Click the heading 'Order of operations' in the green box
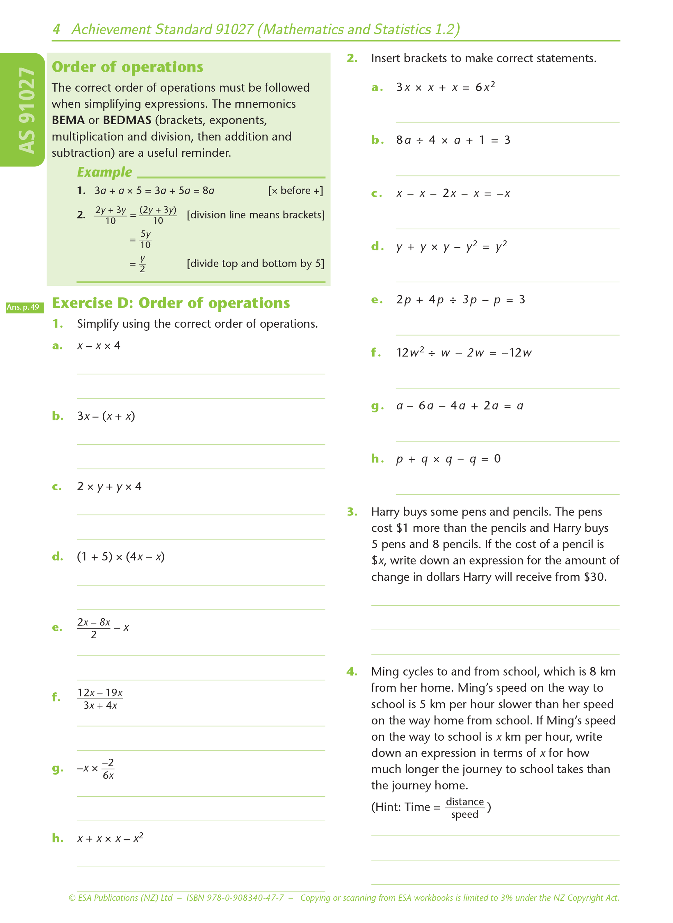click(x=127, y=67)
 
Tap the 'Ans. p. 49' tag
click(x=23, y=307)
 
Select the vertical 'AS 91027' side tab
click(x=26, y=110)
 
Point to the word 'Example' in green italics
click(x=105, y=172)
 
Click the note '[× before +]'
click(x=295, y=191)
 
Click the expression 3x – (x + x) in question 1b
click(x=106, y=416)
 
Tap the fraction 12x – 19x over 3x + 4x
click(x=100, y=699)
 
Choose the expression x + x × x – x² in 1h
click(x=110, y=838)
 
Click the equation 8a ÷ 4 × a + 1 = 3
click(x=453, y=140)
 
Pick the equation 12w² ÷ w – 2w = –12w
click(x=464, y=353)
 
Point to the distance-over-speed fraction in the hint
click(x=464, y=808)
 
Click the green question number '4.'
click(x=352, y=671)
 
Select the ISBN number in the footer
click(x=235, y=898)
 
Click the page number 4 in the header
click(x=56, y=29)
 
